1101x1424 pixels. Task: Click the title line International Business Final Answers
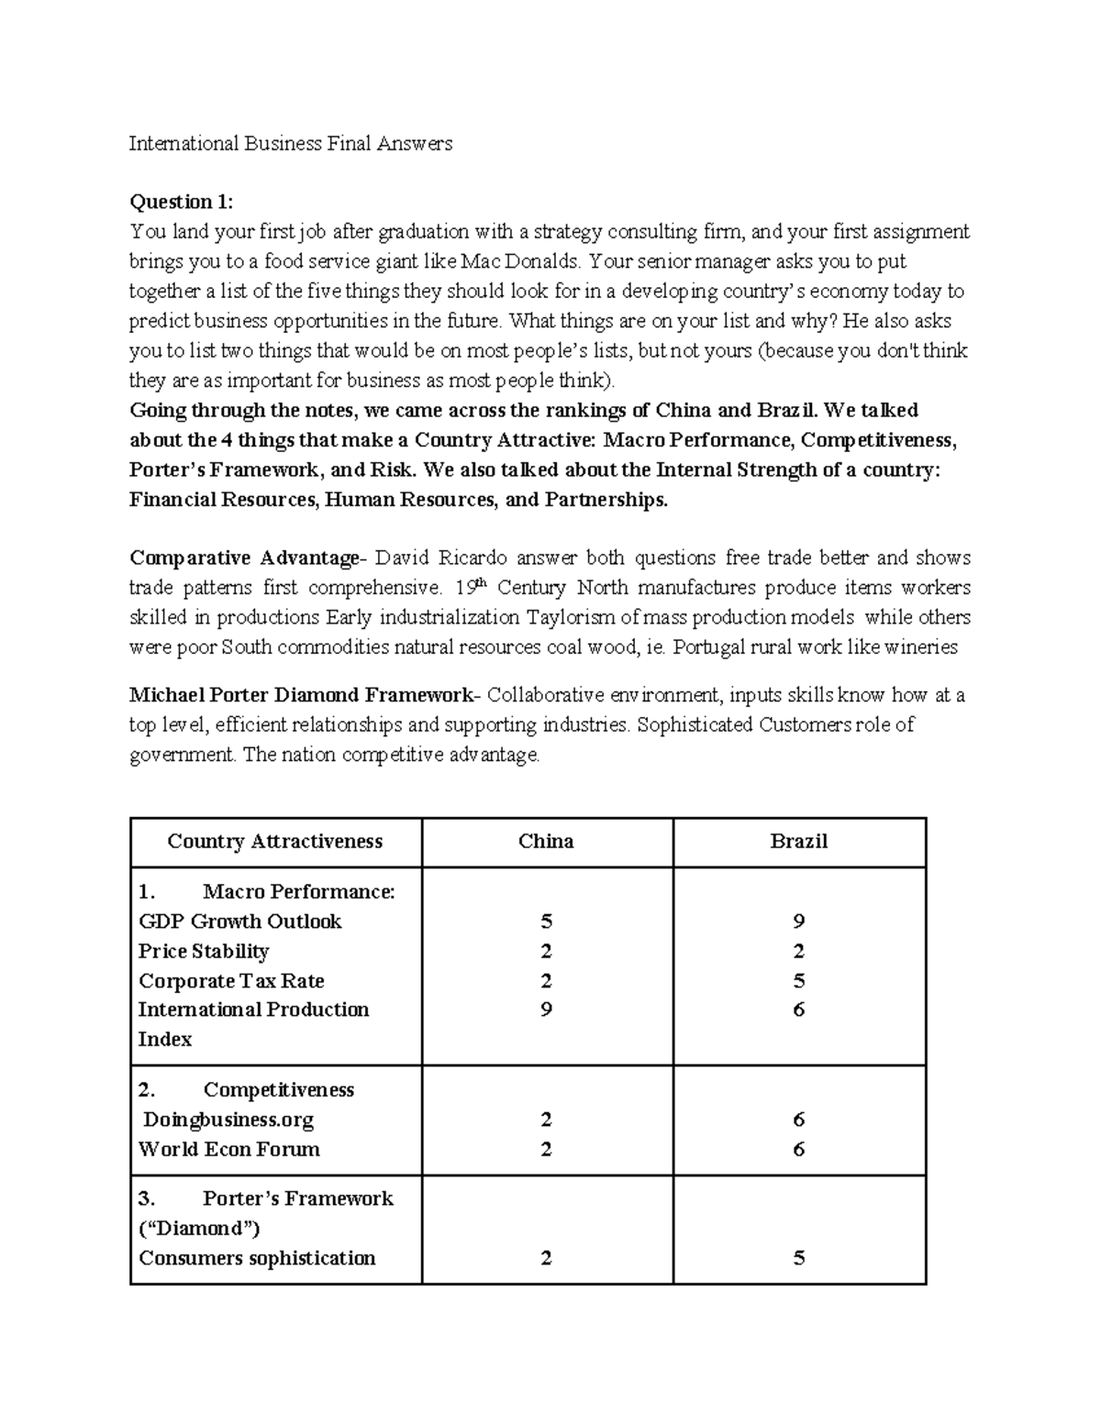(x=290, y=143)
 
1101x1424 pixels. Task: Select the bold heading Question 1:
(x=181, y=202)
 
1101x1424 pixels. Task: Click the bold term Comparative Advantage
(x=245, y=557)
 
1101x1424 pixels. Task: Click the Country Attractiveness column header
(x=274, y=842)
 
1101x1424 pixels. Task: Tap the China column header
(x=546, y=842)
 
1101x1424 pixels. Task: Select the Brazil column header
(x=798, y=842)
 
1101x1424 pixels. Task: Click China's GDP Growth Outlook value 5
(x=546, y=922)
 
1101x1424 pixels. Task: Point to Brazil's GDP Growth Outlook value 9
(x=798, y=922)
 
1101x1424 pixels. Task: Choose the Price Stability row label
(x=203, y=951)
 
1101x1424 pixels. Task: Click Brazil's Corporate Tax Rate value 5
(x=798, y=981)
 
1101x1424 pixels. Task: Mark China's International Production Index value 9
(x=546, y=1010)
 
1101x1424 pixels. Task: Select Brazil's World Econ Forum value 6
(x=798, y=1149)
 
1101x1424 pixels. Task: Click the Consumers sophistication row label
(x=257, y=1258)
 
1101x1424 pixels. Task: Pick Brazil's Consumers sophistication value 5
(x=798, y=1258)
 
